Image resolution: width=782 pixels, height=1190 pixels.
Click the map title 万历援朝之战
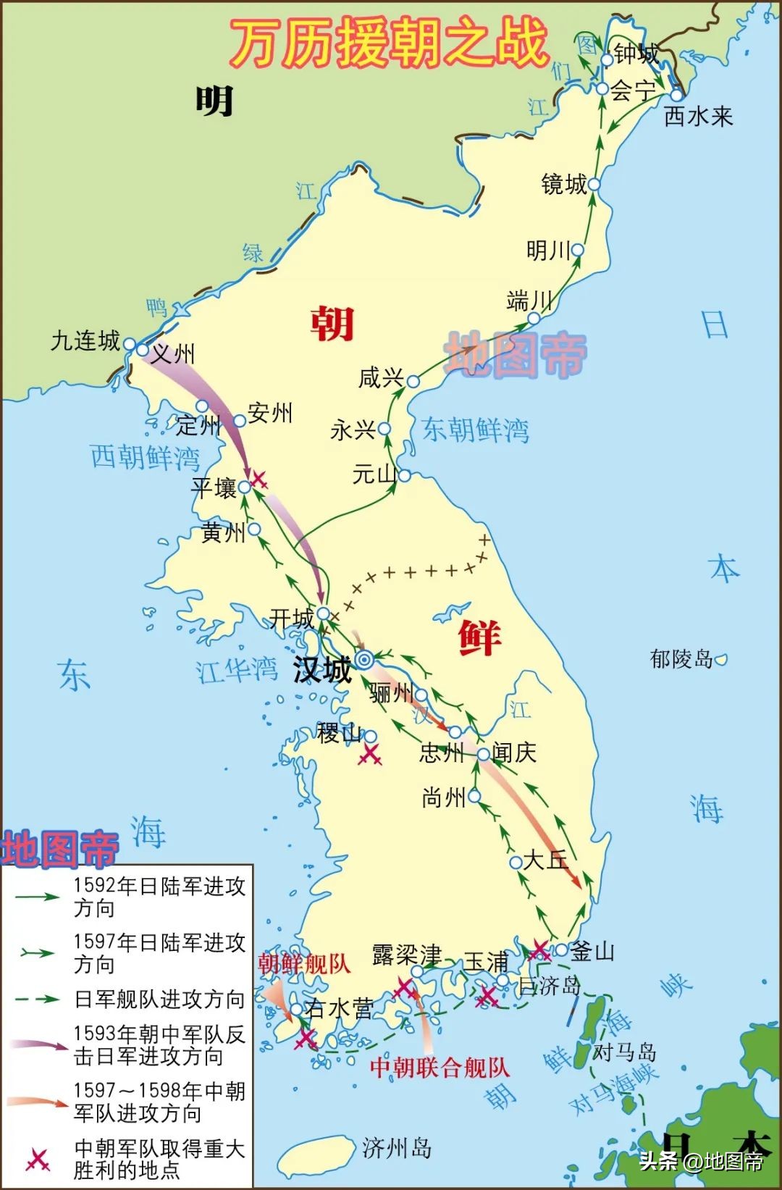tap(388, 42)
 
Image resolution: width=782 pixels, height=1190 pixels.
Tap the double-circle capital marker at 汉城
tap(364, 659)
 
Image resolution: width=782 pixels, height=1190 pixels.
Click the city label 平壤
tap(214, 487)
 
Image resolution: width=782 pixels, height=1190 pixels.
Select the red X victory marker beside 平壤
tap(258, 478)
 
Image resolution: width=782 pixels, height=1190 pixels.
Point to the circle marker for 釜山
tap(561, 950)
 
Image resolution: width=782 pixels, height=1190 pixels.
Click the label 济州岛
tap(397, 1147)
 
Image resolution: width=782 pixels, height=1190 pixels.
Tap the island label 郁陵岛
tap(681, 658)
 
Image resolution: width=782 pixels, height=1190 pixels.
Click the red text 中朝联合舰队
tap(440, 1067)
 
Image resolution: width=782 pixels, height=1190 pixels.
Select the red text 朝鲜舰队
tap(304, 963)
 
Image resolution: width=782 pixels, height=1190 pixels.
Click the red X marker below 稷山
tap(371, 755)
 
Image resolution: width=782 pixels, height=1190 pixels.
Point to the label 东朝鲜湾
tap(476, 430)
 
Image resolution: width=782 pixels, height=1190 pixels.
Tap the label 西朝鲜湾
tap(145, 458)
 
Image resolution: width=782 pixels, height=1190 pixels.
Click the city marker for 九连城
tap(130, 344)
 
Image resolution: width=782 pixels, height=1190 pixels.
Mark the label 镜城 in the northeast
tap(564, 184)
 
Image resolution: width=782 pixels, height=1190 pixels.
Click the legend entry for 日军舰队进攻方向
tap(159, 1000)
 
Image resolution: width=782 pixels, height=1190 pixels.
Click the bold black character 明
tap(214, 101)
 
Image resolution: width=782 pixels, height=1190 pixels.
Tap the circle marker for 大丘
tap(516, 862)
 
